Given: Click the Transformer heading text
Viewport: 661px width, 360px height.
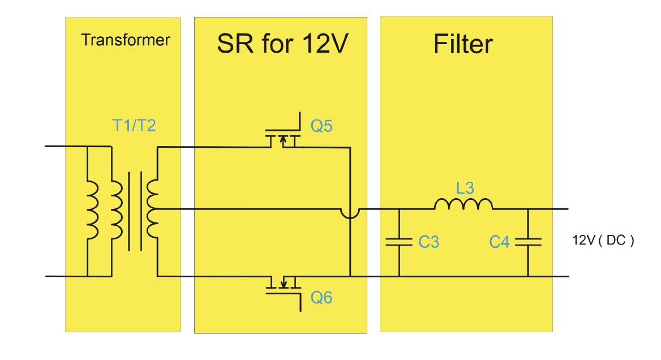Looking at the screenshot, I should pyautogui.click(x=125, y=40).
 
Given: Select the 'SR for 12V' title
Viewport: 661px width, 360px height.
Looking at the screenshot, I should pyautogui.click(x=281, y=44).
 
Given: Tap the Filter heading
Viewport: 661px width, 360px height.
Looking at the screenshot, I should pyautogui.click(x=463, y=44).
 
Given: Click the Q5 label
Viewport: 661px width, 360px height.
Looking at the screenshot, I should pyautogui.click(x=321, y=126).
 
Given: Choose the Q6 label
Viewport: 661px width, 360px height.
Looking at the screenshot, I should pyautogui.click(x=321, y=297).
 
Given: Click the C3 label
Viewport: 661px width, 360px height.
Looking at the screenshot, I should pyautogui.click(x=429, y=242).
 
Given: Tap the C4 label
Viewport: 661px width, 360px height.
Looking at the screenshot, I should pyautogui.click(x=500, y=242).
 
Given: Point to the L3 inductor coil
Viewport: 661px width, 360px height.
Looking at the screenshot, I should pyautogui.click(x=463, y=204).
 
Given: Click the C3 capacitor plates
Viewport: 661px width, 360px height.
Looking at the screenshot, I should pyautogui.click(x=399, y=242).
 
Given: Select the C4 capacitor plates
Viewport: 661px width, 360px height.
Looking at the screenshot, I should pyautogui.click(x=527, y=242).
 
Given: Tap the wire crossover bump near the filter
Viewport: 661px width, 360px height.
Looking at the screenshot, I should pyautogui.click(x=350, y=213).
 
